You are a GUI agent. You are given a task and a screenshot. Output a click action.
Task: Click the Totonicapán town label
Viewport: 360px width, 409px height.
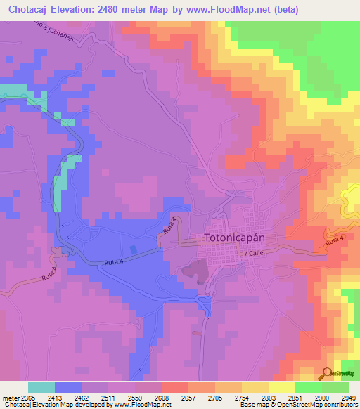click(243, 238)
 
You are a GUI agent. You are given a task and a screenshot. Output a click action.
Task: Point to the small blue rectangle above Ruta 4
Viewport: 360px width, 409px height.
click(134, 249)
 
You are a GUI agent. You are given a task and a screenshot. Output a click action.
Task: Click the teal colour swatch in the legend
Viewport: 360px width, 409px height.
click(41, 387)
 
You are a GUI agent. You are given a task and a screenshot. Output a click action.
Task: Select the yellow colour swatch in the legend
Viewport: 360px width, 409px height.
click(282, 387)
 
